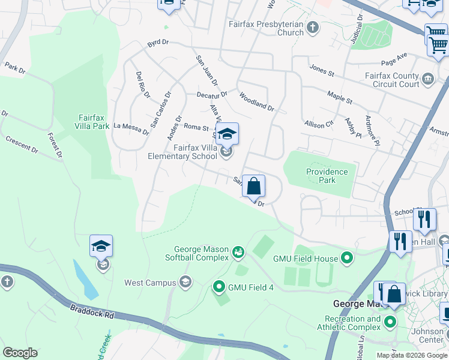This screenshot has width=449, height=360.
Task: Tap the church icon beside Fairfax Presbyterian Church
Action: [x=312, y=26]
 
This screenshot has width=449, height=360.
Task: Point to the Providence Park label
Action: [x=327, y=176]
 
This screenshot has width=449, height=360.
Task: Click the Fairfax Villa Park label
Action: [x=93, y=122]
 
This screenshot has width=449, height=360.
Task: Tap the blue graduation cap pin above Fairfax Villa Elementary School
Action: [x=227, y=134]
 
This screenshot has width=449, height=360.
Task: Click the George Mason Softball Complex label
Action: [x=201, y=253]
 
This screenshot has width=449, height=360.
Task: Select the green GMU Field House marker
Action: [x=347, y=259]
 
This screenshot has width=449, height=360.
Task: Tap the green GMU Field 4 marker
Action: [x=218, y=287]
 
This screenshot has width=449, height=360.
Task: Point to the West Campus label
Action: [x=150, y=283]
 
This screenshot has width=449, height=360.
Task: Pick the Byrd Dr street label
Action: [x=157, y=45]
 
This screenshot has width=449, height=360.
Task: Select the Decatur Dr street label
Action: [x=212, y=94]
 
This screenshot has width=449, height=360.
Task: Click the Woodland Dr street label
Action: [x=256, y=102]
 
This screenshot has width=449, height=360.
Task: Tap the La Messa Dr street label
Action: [x=130, y=128]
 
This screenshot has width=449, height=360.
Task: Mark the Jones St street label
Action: [x=321, y=70]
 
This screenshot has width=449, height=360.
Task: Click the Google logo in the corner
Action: [x=20, y=352]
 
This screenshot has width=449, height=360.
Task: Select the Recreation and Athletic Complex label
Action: [x=352, y=323]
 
